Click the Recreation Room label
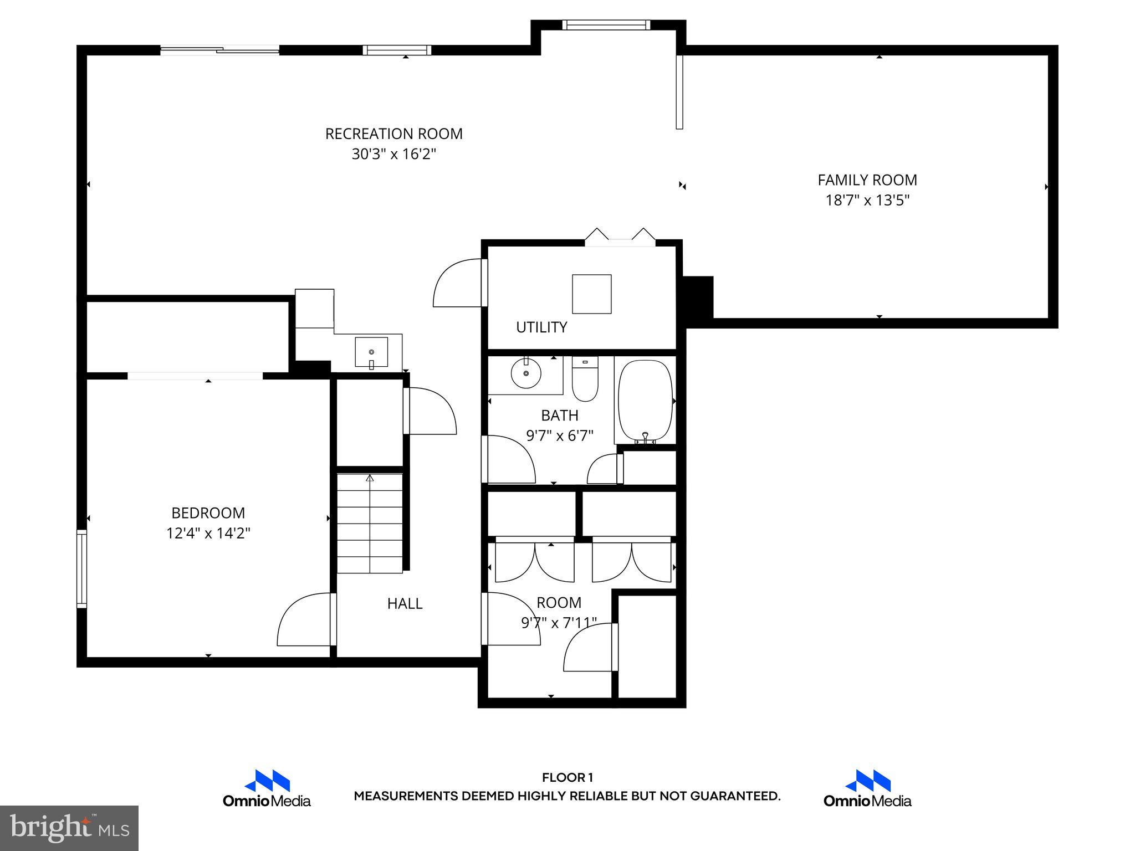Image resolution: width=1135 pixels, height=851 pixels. [x=393, y=134]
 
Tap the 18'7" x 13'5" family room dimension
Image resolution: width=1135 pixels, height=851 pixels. [x=867, y=200]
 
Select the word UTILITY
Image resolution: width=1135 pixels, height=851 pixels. [x=541, y=327]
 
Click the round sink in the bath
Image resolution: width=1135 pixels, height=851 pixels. [x=525, y=373]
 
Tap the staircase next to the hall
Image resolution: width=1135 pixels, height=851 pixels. [x=370, y=523]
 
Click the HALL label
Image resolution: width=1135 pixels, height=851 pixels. [x=405, y=603]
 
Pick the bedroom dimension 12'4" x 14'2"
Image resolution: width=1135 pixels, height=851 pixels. [x=208, y=534]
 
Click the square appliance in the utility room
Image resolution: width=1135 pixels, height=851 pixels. [x=592, y=294]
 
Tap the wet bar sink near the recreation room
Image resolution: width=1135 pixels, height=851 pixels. [x=371, y=352]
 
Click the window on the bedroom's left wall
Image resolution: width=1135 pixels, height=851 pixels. [x=81, y=568]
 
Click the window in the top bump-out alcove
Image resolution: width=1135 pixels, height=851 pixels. [x=605, y=25]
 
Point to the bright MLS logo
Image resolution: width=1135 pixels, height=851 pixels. [x=69, y=828]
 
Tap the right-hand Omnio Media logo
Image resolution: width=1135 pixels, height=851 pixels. [x=867, y=788]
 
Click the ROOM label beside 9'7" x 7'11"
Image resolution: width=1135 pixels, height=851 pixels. [x=559, y=602]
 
